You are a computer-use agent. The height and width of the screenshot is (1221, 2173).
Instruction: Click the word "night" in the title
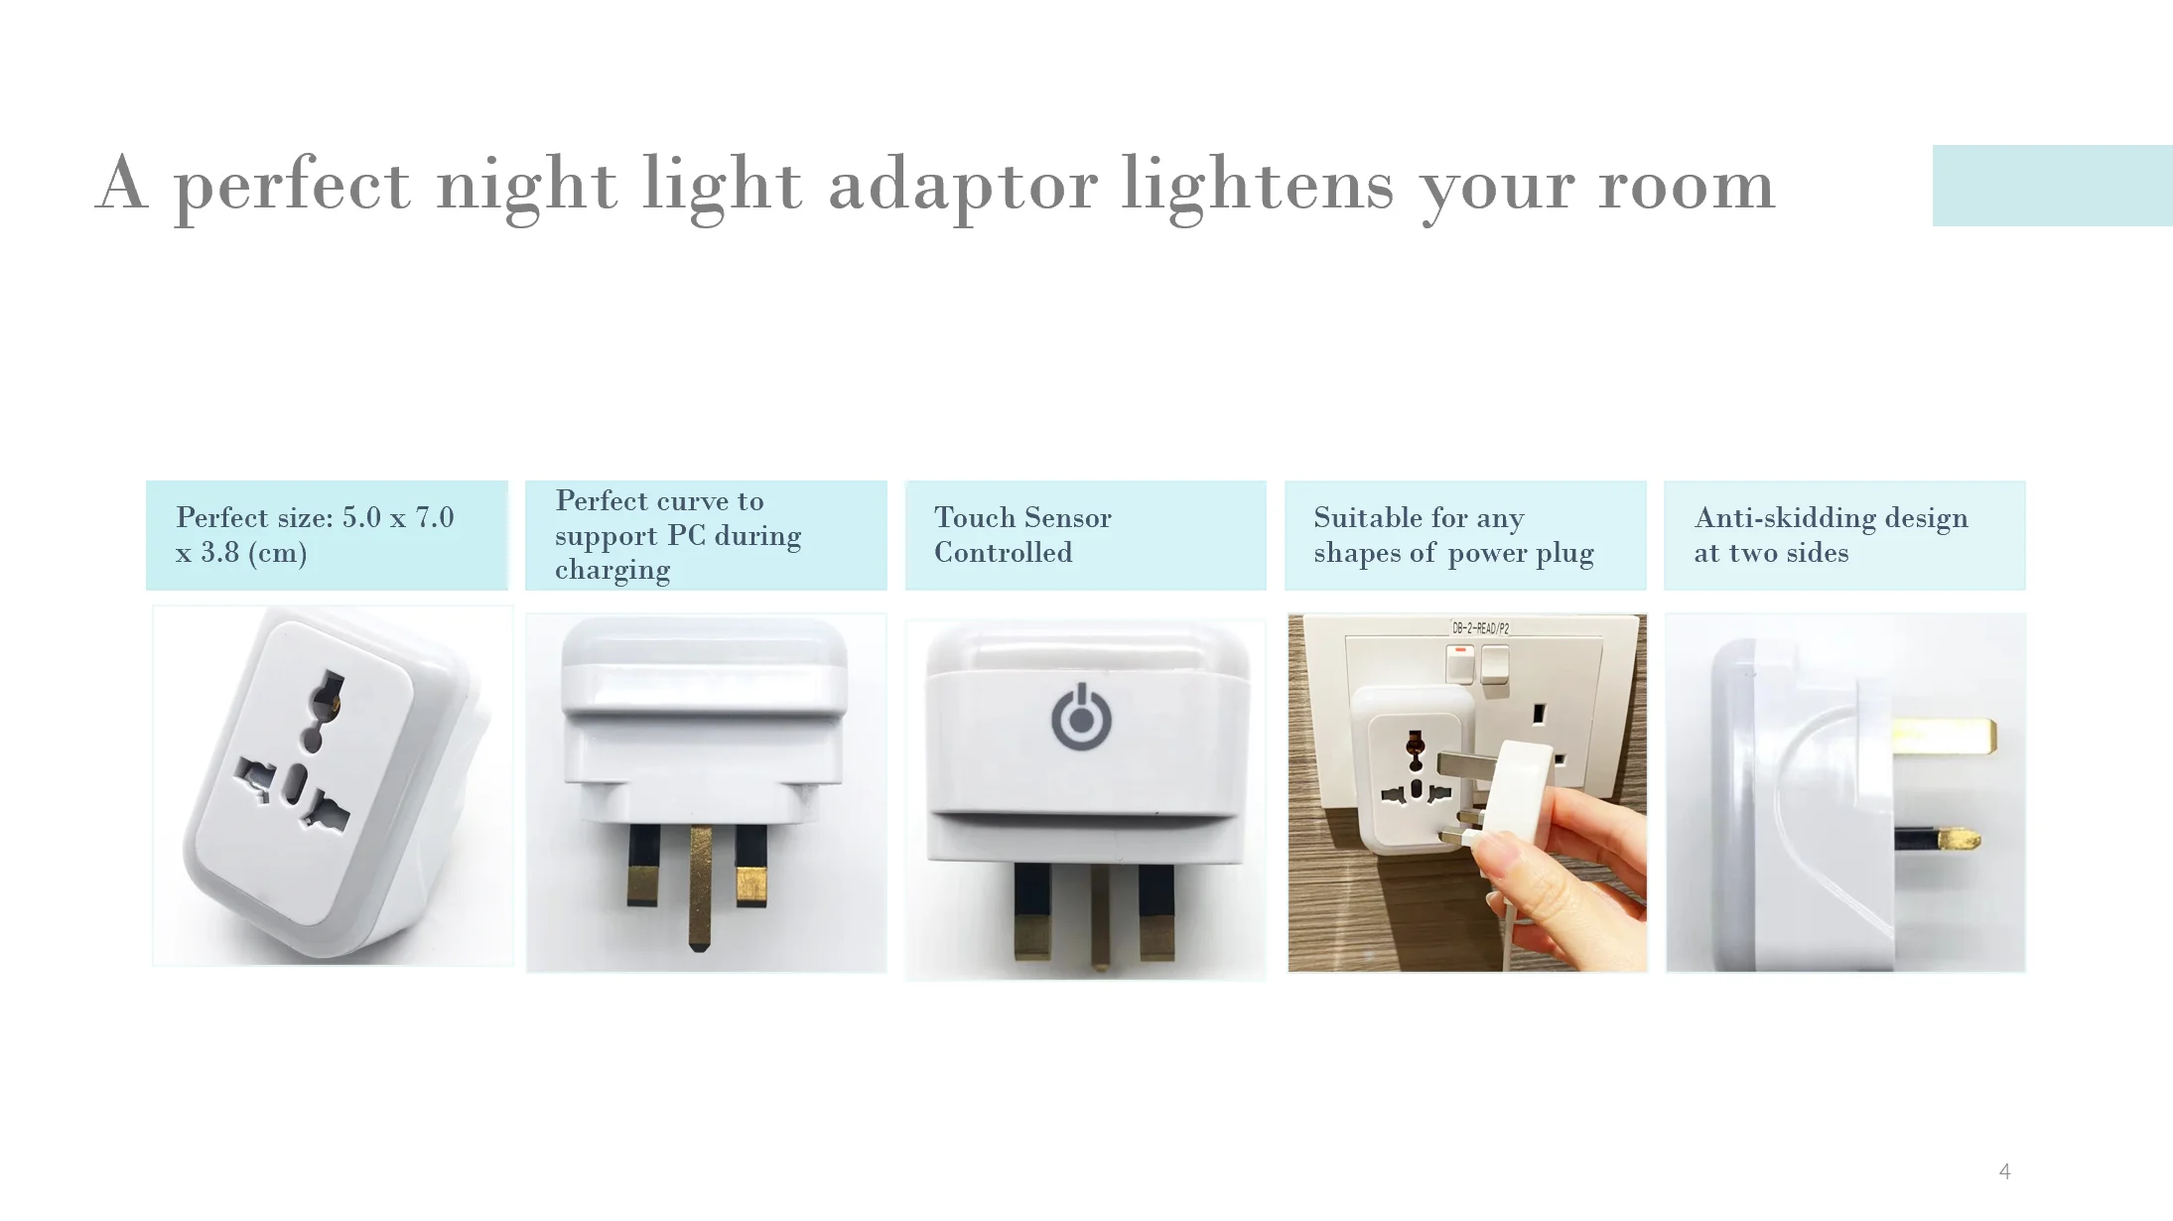pyautogui.click(x=526, y=186)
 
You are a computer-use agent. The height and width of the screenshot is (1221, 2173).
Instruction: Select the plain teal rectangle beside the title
pyautogui.click(x=2051, y=186)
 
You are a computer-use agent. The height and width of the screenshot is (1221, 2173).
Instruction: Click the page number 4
pyautogui.click(x=2004, y=1171)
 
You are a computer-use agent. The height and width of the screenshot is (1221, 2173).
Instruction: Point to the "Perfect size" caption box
pyautogui.click(x=327, y=535)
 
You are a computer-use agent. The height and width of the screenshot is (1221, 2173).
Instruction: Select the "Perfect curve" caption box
pyautogui.click(x=705, y=535)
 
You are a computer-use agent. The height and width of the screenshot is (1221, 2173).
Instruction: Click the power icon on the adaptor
pyautogui.click(x=1081, y=717)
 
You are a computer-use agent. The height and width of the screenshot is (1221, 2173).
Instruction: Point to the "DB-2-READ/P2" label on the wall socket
pyautogui.click(x=1480, y=628)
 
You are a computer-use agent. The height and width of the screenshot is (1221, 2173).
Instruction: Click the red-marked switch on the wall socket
pyautogui.click(x=1459, y=662)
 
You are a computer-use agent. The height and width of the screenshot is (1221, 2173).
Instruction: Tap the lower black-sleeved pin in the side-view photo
pyautogui.click(x=1936, y=840)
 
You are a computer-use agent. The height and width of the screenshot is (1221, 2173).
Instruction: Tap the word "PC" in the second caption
pyautogui.click(x=685, y=536)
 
